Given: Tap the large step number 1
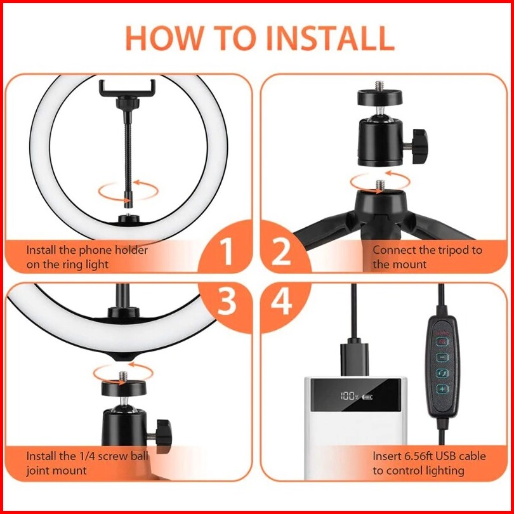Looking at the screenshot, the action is pos(227,251).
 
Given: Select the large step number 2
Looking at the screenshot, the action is pos(281,251).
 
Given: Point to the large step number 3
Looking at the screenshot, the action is pos(227,301).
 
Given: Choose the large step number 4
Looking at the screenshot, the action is pos(281,301).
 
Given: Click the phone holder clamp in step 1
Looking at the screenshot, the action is pos(127,88).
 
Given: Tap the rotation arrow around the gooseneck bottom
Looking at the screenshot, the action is pos(128,191).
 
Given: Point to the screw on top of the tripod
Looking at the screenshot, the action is pos(380,185).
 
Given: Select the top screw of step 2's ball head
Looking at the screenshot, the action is pos(379,86).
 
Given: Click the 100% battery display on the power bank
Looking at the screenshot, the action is pos(355,397).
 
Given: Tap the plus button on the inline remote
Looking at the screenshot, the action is pos(442,389).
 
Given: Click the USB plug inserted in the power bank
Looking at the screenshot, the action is pos(354,359).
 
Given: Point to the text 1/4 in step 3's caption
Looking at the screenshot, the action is pos(87,456).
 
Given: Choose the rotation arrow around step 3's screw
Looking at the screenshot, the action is pos(123,373).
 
